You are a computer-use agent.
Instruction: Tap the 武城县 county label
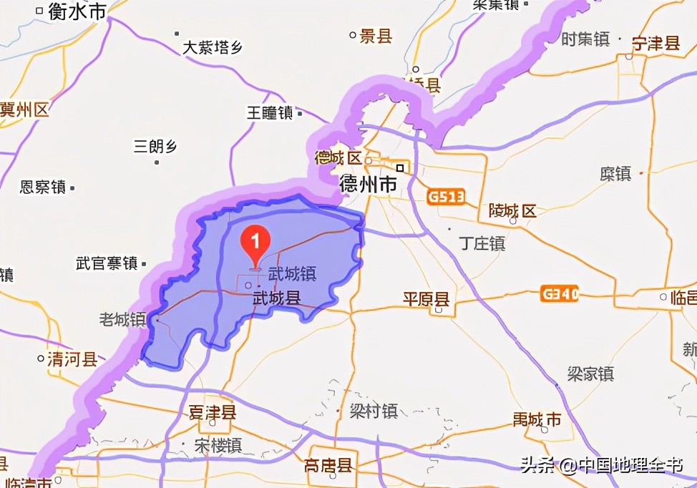[x=276, y=298]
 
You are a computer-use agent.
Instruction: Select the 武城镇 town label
[x=292, y=274]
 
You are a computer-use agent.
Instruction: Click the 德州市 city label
[x=368, y=185]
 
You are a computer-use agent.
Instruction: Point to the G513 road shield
[x=447, y=196]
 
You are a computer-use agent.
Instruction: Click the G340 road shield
[x=560, y=293]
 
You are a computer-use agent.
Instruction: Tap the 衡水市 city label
[x=77, y=11]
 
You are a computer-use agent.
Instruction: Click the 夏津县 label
[x=213, y=413]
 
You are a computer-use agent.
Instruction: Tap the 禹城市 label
[x=537, y=419]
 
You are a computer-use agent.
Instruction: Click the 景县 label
[x=376, y=36]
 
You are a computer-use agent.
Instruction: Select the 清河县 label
[x=72, y=358]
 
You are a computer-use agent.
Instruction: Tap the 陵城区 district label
[x=512, y=210]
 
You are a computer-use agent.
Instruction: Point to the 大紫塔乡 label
[x=213, y=48]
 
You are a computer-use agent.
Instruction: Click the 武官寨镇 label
[x=106, y=263]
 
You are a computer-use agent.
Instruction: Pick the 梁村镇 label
[x=374, y=411]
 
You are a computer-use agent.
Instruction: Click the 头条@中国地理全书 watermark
[x=601, y=466]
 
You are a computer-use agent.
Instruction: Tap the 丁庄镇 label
[x=482, y=243]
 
